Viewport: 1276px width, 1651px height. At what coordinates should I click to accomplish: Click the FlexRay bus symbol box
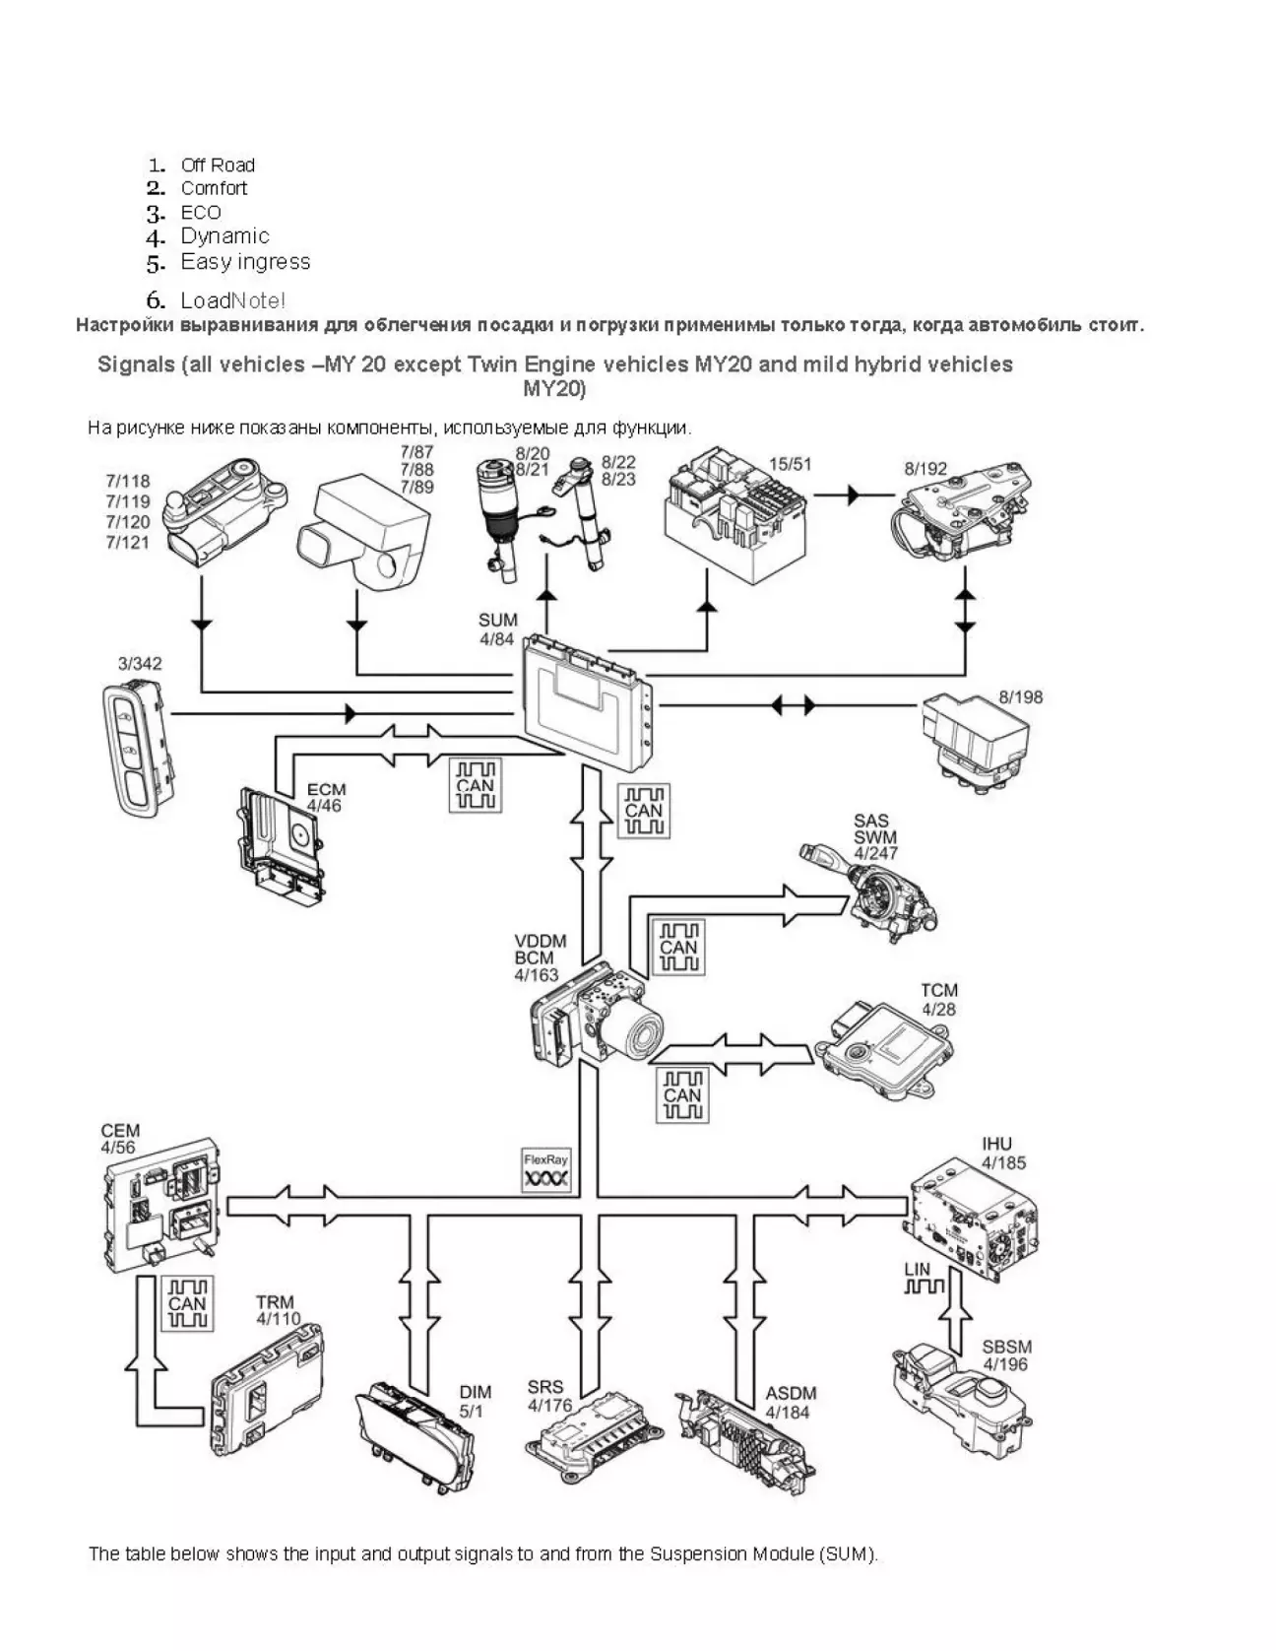pos(546,1170)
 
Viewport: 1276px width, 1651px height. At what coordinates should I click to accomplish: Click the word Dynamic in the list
pos(224,236)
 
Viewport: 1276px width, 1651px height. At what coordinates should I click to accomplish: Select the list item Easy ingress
pos(245,262)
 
